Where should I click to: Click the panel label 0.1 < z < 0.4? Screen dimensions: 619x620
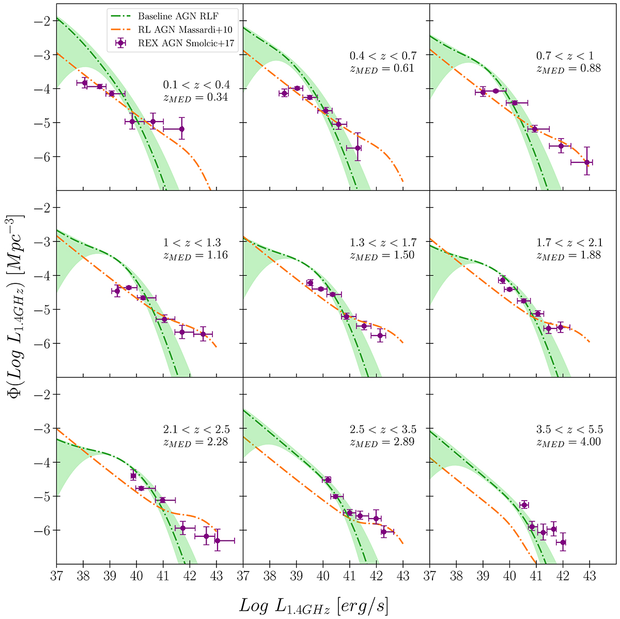coord(196,85)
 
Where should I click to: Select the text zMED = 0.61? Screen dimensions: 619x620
coord(383,68)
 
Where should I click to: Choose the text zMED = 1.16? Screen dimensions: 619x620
coord(196,254)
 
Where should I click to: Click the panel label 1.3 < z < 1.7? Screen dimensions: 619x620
coord(383,242)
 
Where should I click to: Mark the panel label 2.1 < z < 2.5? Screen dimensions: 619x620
coord(196,429)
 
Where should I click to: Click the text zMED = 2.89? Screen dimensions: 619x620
coord(383,442)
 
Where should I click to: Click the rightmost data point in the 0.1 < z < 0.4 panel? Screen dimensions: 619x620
coord(181,129)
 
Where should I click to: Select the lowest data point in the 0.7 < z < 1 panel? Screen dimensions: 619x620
coord(586,162)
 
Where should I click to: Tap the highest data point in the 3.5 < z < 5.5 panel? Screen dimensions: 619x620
coord(524,505)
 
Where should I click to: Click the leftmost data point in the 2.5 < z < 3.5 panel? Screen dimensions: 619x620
coord(327,480)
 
